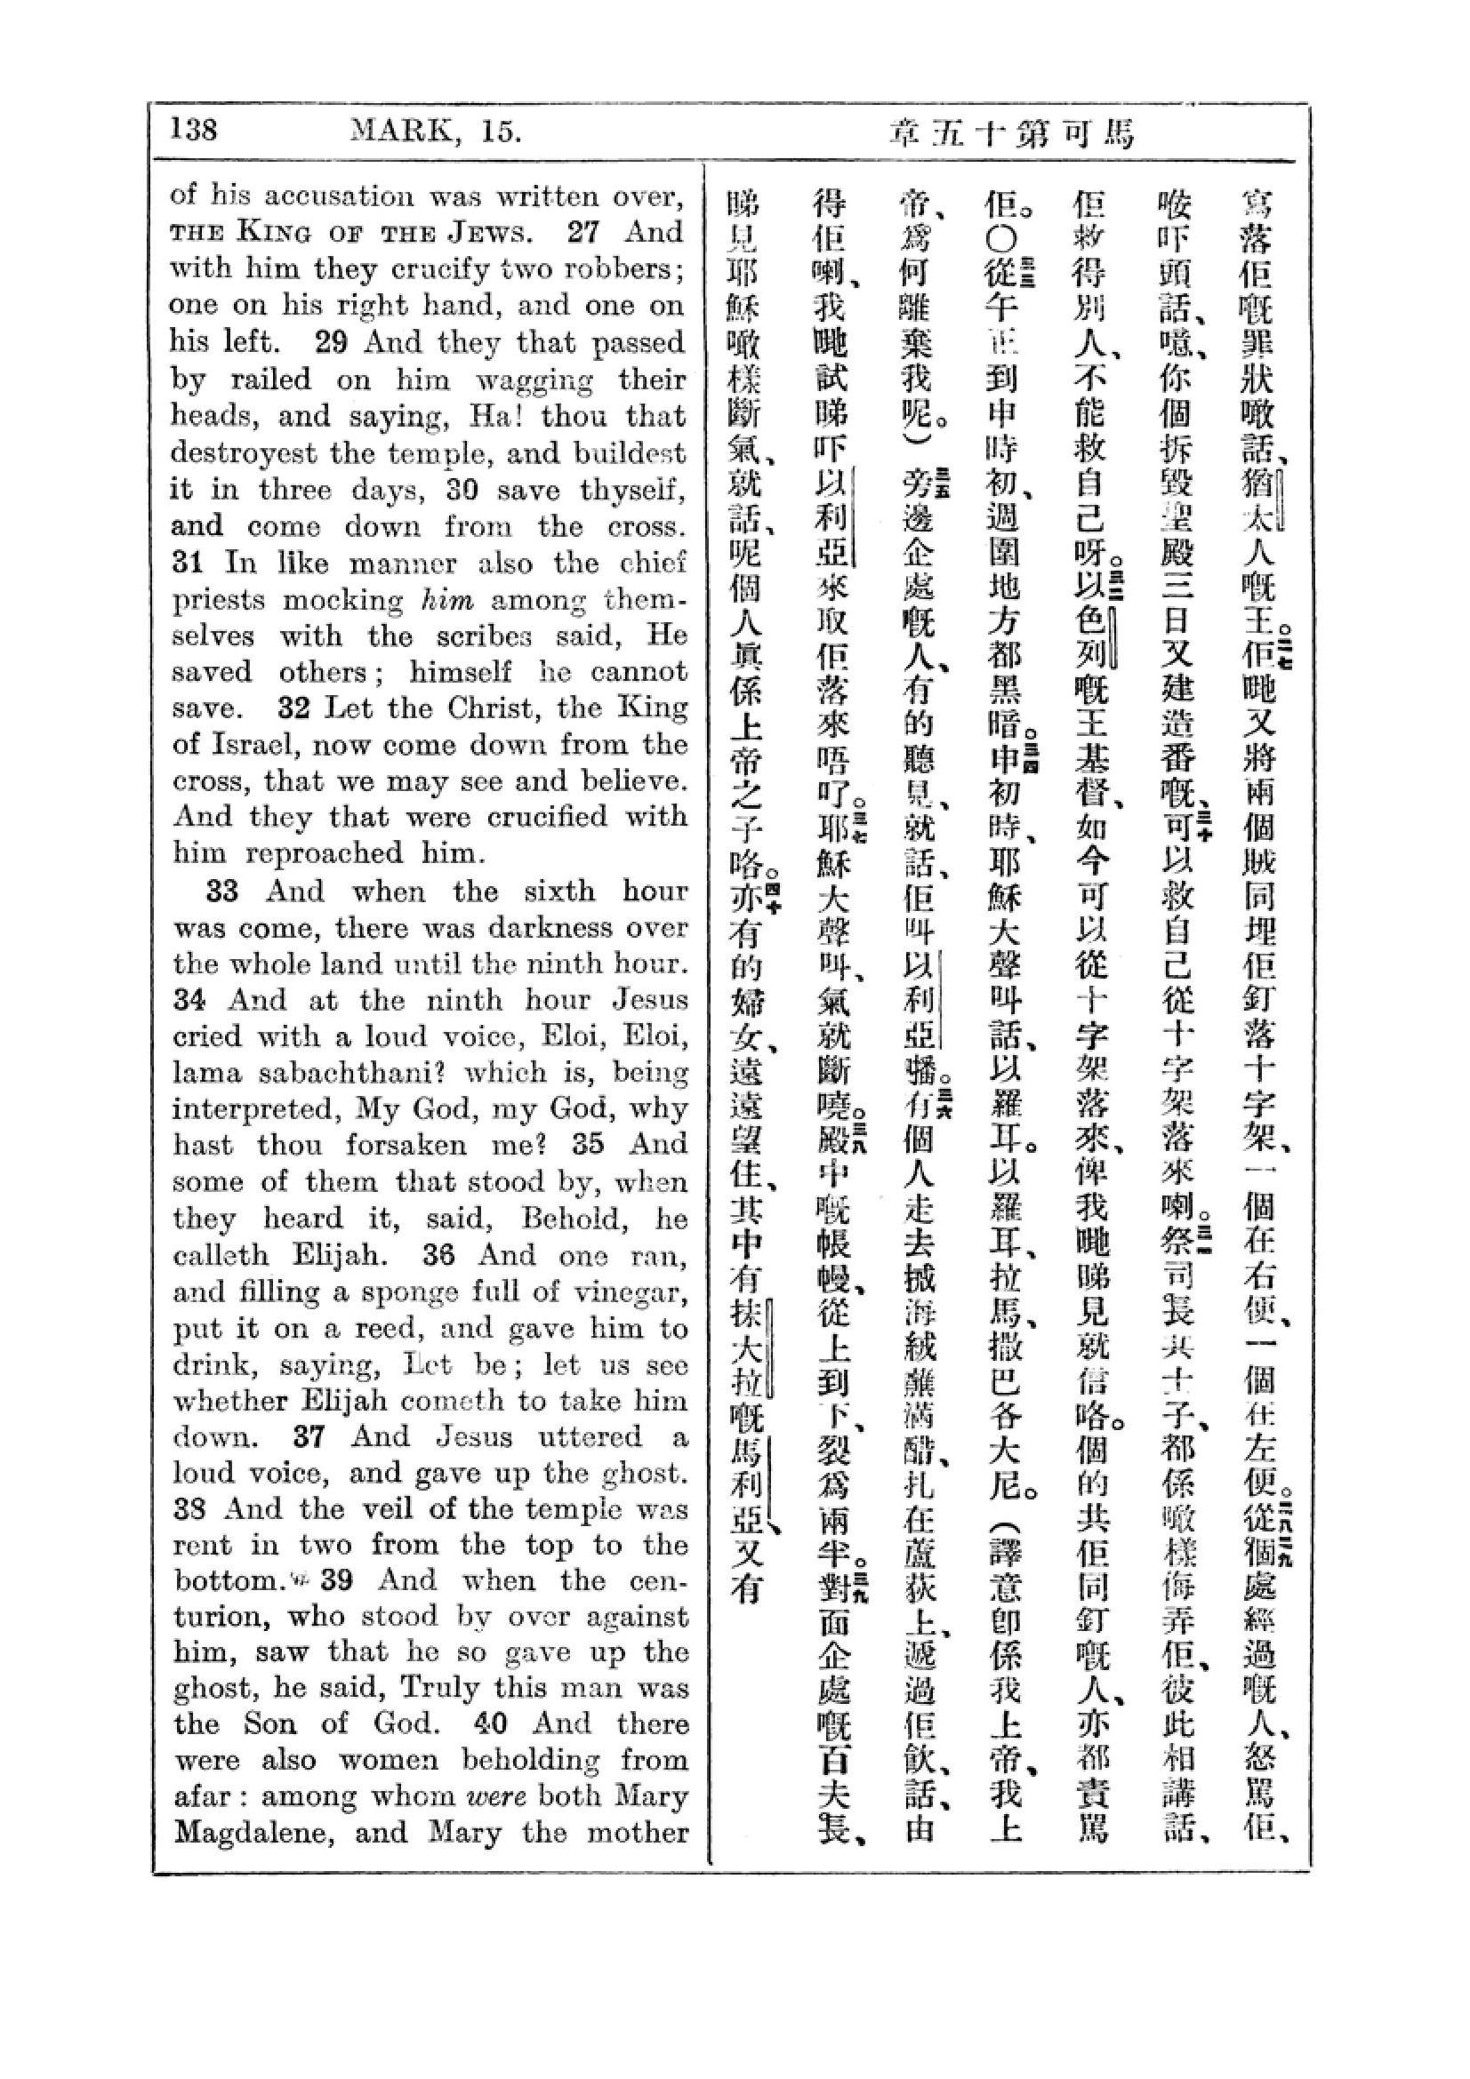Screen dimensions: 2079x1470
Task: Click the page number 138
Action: coord(194,131)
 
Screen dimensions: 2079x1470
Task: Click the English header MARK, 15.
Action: coord(435,132)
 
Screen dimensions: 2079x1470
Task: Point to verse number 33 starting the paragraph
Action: coord(222,891)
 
